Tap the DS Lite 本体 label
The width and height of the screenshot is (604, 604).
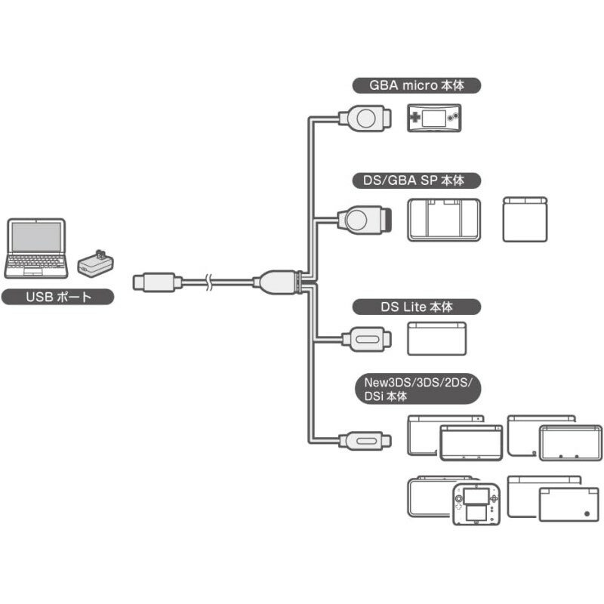[x=416, y=307]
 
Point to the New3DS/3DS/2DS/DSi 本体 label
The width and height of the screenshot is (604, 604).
[x=416, y=390]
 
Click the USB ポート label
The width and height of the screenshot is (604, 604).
[x=58, y=297]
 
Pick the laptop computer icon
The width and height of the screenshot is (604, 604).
[x=35, y=248]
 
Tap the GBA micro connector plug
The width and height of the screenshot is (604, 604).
[x=365, y=119]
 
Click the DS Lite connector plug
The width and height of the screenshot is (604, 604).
[x=366, y=337]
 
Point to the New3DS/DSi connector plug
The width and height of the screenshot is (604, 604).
[x=365, y=439]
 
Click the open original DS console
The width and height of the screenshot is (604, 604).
[x=444, y=220]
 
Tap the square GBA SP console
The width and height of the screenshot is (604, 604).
[x=525, y=220]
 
